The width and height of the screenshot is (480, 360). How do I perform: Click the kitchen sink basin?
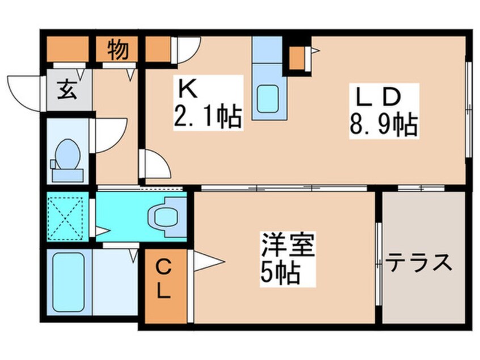click(268, 98)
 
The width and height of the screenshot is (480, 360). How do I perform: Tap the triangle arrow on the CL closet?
click(209, 262)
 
